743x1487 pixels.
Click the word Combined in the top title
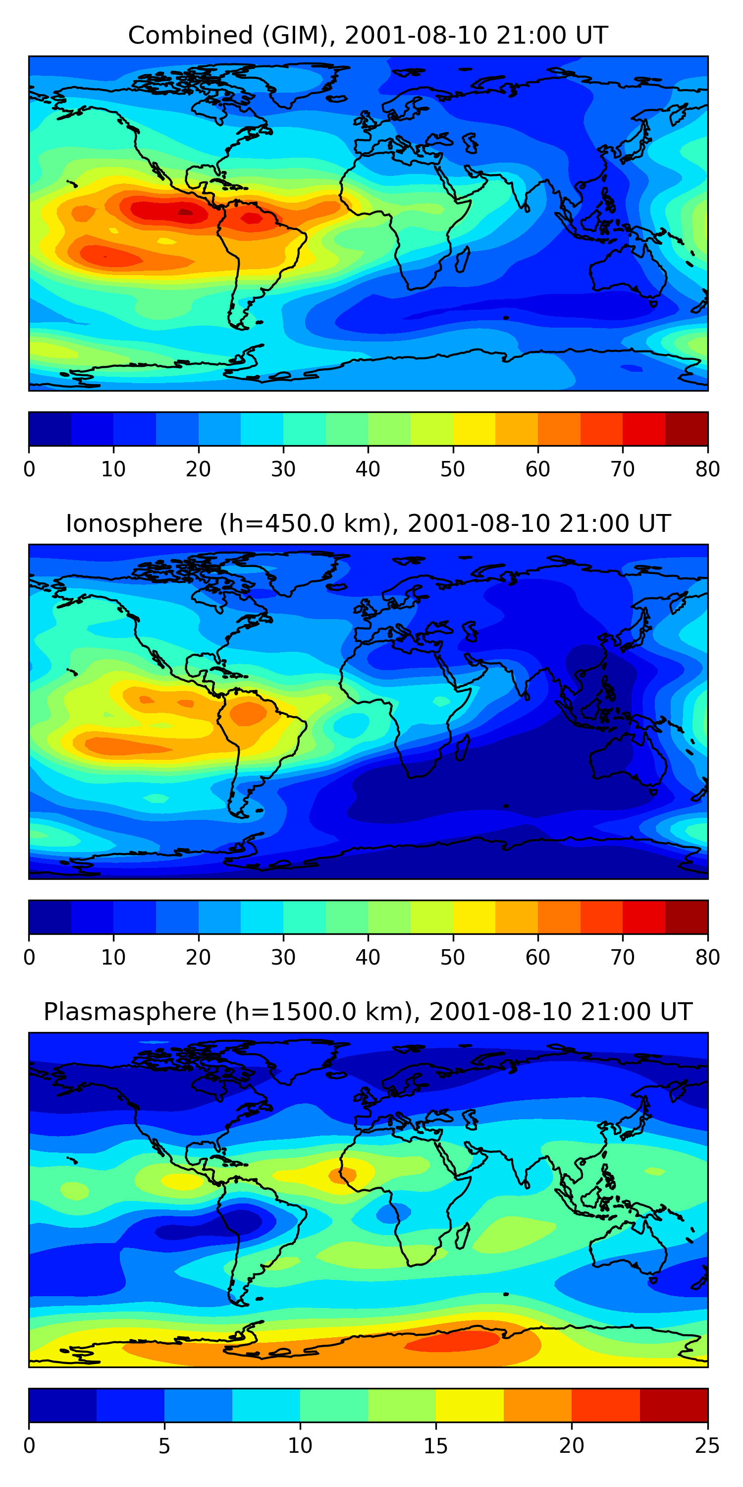pyautogui.click(x=190, y=35)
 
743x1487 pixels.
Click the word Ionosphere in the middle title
pyautogui.click(x=134, y=523)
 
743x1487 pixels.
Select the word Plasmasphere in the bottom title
pyautogui.click(x=130, y=1012)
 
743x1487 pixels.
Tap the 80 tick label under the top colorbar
pyautogui.click(x=707, y=469)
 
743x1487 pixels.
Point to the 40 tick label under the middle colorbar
pyautogui.click(x=368, y=957)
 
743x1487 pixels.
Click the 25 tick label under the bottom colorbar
pyautogui.click(x=707, y=1445)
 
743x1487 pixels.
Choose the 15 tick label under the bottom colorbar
pyautogui.click(x=435, y=1445)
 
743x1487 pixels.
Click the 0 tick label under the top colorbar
pyautogui.click(x=29, y=469)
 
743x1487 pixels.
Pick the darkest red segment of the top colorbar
pyautogui.click(x=687, y=429)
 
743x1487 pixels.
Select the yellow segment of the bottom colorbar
pyautogui.click(x=470, y=1405)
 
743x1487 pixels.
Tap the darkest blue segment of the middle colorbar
pyautogui.click(x=50, y=916)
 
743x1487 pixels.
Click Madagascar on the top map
pyautogui.click(x=463, y=259)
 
